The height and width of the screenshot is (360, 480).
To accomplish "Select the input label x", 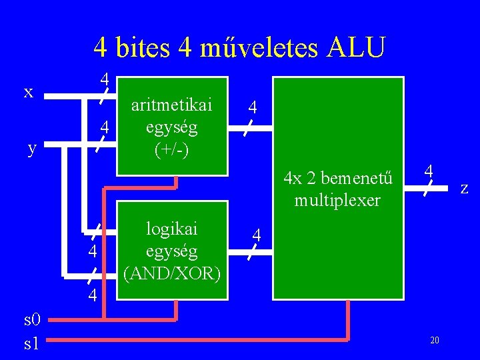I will click(x=29, y=91).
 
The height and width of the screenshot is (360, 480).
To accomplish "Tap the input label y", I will click(x=32, y=148).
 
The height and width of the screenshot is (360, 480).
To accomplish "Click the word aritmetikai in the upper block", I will click(x=172, y=105).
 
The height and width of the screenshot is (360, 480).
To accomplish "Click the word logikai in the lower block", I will click(x=172, y=228).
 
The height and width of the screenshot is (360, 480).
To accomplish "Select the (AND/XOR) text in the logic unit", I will click(x=172, y=273).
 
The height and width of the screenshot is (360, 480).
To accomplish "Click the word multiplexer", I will click(x=337, y=200).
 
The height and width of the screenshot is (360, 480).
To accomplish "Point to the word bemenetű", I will click(x=358, y=179).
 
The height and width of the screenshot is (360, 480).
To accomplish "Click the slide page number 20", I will click(x=434, y=341).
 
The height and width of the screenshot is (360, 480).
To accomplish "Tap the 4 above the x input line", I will click(x=105, y=79).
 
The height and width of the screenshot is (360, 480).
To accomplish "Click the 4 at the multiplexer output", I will click(x=431, y=171).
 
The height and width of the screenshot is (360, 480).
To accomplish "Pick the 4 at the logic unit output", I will click(x=257, y=235).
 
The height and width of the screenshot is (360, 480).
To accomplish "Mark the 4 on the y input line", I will click(x=104, y=126).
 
